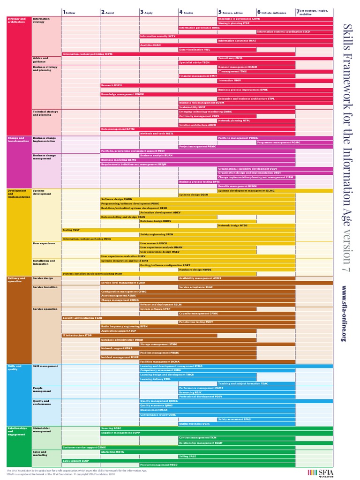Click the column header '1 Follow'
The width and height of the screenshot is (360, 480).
pyautogui.click(x=69, y=12)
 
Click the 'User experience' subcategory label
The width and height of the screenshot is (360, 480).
pyautogui.click(x=44, y=243)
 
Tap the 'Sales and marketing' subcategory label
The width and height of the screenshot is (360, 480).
pyautogui.click(x=40, y=453)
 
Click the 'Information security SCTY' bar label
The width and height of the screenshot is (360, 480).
pyautogui.click(x=157, y=36)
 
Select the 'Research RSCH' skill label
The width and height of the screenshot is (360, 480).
pyautogui.click(x=112, y=85)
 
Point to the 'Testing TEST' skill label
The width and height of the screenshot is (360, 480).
pyautogui.click(x=71, y=230)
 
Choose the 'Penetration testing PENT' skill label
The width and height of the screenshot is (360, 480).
pyautogui.click(x=195, y=322)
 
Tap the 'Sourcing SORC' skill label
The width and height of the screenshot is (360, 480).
pyautogui.click(x=111, y=428)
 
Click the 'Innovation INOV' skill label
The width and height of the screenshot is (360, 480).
pyautogui.click(x=230, y=80)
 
